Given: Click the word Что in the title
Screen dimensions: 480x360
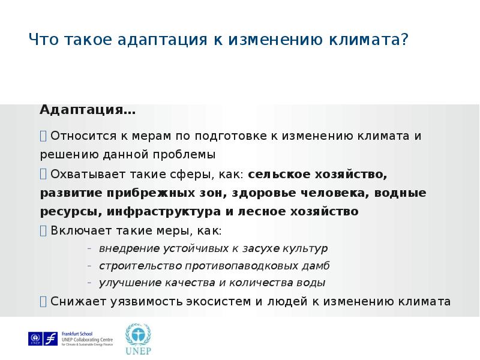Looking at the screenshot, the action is point(43,39).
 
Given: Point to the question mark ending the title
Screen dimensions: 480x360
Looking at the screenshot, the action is point(404,39).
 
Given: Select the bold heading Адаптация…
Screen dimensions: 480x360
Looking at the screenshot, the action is point(88,110).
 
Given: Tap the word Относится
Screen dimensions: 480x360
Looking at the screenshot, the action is point(83,136).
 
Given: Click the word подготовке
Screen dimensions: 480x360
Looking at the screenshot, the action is point(230,136).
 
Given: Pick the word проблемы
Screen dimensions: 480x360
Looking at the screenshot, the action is point(184,155).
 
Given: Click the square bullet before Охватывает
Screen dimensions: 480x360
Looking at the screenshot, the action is point(43,174).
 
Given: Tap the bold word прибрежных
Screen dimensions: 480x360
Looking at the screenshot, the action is point(151,193).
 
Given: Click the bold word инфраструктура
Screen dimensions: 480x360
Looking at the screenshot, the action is point(163,212).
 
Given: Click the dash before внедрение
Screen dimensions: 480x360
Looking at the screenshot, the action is point(89,248).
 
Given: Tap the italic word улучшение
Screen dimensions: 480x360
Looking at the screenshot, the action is point(130,283).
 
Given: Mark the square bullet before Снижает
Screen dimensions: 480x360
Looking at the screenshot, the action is point(43,301).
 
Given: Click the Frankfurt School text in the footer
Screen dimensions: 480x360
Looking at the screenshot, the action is point(77,334).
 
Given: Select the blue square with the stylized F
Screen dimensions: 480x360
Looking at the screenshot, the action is point(50,338).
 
